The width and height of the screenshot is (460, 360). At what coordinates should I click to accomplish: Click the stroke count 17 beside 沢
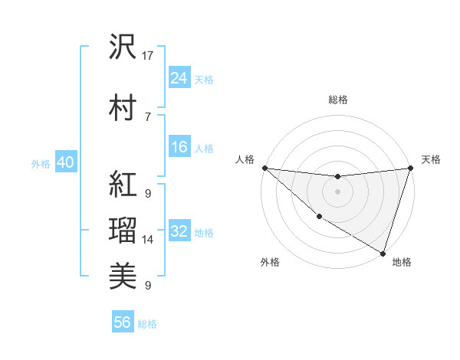[148, 56]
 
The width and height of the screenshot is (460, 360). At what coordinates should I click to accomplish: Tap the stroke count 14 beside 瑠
[148, 240]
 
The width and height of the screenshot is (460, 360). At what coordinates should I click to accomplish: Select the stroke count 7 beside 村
[147, 116]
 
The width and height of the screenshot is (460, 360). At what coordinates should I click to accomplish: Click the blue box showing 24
[179, 78]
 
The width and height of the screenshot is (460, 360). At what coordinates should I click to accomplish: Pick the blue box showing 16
[179, 147]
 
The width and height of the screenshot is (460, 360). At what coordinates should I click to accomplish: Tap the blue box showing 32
[179, 231]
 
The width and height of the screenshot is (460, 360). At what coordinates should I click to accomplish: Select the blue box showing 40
[65, 162]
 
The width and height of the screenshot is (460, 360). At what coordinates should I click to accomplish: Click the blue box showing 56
[123, 322]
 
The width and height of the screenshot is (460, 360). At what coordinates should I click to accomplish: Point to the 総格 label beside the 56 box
[147, 324]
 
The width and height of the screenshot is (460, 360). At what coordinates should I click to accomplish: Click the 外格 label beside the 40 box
[41, 163]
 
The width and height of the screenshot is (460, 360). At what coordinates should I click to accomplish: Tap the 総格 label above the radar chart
[337, 100]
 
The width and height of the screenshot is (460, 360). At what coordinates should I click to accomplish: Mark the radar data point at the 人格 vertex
[264, 168]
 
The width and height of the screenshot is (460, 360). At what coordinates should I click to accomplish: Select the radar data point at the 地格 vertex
[383, 252]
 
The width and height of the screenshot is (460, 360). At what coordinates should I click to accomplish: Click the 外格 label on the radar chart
[270, 262]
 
